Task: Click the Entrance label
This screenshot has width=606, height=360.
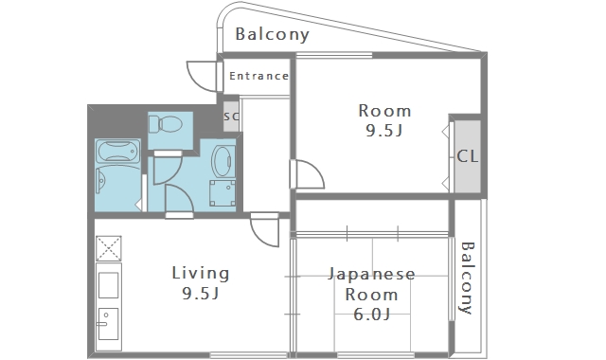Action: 258,76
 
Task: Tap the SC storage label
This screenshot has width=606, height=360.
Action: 231,117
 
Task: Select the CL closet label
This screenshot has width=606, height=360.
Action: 467,156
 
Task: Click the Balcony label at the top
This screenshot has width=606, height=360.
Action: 273,35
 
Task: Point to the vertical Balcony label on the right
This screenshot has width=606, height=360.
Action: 467,278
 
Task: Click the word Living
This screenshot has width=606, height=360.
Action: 200,274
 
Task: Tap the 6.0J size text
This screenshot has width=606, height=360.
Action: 372,314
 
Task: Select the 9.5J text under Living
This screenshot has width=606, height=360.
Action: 200,294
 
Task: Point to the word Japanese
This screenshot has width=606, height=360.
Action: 372,275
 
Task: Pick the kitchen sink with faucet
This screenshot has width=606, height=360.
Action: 108,327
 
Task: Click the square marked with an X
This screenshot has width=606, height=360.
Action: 108,248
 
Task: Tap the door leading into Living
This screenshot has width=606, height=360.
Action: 264,230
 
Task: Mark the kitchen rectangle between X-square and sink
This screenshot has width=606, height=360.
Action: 108,284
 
